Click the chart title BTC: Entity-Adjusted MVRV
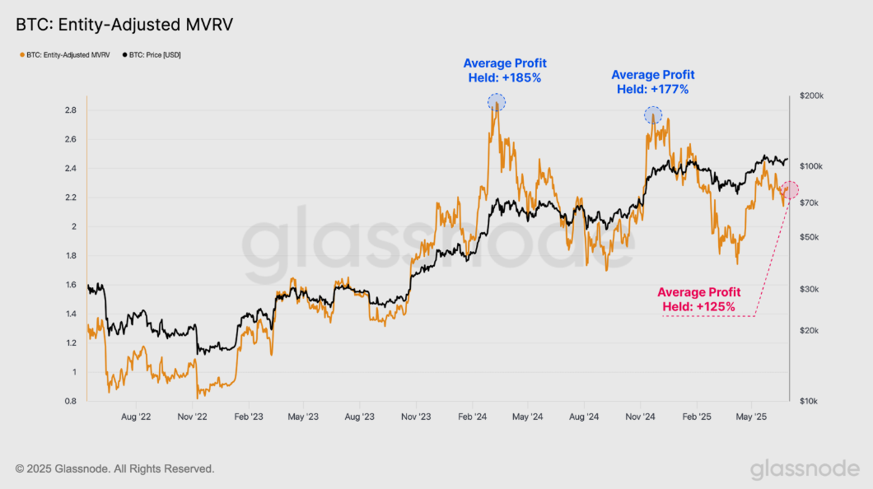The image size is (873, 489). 124,25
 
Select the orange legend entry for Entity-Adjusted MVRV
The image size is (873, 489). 66,55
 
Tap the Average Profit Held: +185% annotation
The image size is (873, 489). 504,71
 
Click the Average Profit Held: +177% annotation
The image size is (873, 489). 652,82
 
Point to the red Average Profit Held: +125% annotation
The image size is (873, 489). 698,300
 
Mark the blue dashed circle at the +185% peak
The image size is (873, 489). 497,102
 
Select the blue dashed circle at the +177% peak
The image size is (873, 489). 653,116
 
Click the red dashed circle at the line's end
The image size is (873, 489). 790,191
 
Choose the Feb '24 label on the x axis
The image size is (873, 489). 474,417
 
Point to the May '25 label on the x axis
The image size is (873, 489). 752,417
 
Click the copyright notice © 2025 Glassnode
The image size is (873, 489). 114,468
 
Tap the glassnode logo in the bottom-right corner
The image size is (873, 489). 805,468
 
